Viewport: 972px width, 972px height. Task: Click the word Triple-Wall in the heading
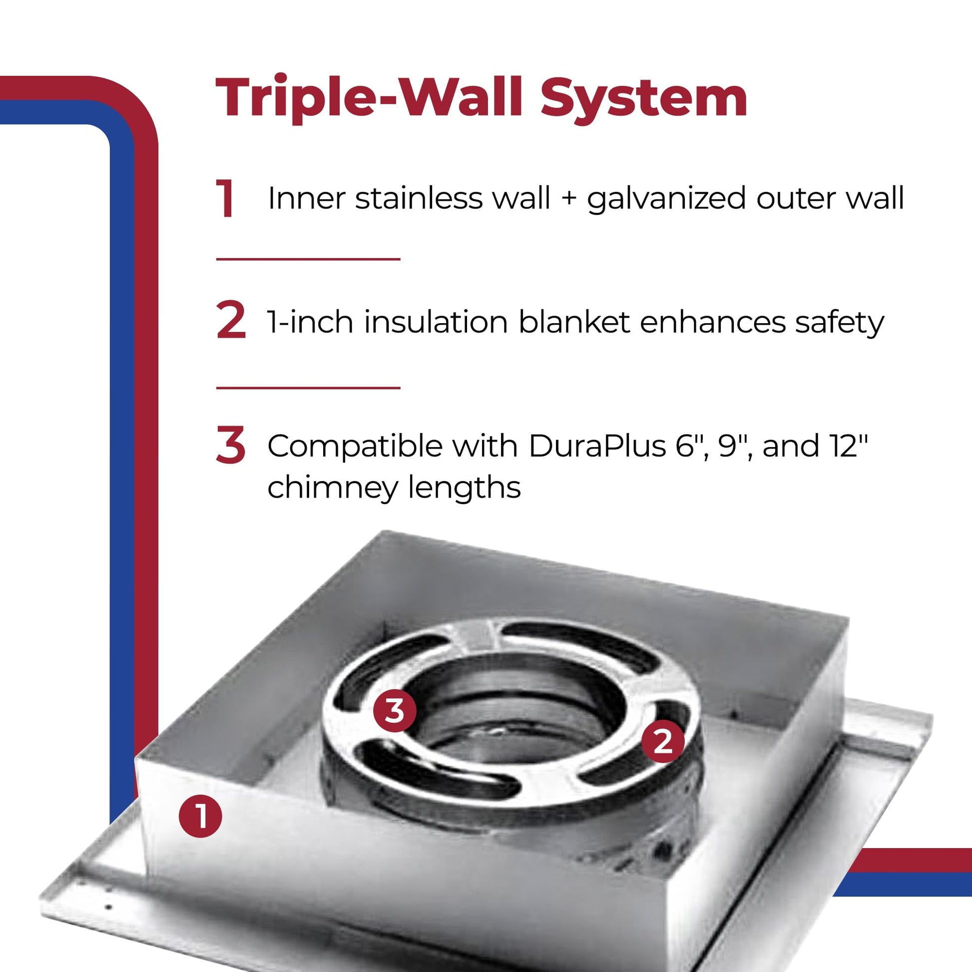[x=369, y=97]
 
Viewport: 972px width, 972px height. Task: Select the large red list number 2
[x=231, y=321]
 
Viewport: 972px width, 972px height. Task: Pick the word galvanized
[x=666, y=199]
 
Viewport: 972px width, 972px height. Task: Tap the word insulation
[x=436, y=322]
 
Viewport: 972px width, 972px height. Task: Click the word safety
[x=839, y=323]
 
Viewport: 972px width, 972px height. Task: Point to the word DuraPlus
[x=598, y=445]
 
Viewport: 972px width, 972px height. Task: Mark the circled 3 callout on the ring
[x=395, y=711]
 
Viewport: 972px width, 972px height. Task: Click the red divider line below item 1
[x=308, y=259]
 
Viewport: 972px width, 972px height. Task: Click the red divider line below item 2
[x=308, y=388]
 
